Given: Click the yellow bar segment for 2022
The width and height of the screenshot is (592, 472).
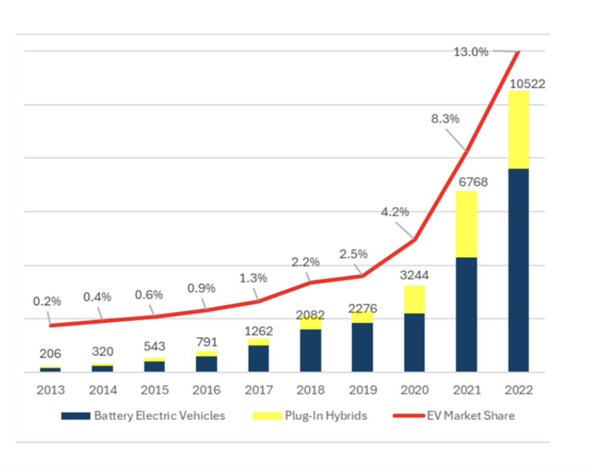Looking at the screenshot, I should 518,130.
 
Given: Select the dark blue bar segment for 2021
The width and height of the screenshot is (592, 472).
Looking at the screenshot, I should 467,315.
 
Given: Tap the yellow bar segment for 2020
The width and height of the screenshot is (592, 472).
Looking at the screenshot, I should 414,299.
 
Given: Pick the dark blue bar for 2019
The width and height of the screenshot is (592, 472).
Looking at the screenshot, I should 362,347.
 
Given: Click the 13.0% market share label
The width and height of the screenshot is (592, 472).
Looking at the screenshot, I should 471,52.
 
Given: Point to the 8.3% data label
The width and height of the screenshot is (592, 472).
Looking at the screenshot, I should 445,119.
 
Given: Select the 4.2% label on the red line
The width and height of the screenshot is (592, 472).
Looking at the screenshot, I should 395,212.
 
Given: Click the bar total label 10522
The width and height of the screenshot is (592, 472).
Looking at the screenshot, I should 527,84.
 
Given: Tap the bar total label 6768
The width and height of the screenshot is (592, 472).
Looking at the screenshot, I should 473,182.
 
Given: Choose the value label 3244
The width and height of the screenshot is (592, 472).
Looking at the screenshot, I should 414,275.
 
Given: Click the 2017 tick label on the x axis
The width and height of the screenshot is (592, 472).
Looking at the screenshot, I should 259,390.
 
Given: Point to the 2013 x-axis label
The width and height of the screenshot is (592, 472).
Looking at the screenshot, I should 51,390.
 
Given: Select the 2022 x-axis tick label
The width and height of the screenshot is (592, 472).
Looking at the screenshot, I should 518,390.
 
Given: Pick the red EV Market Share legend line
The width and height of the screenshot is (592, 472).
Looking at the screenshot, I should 409,415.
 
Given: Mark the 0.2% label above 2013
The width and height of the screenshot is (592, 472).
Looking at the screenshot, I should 47,301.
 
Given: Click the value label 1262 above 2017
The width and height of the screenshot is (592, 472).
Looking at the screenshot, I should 259,331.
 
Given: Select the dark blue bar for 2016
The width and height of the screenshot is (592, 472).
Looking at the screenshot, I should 207,364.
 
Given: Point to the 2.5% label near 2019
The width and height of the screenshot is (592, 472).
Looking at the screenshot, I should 353,254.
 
